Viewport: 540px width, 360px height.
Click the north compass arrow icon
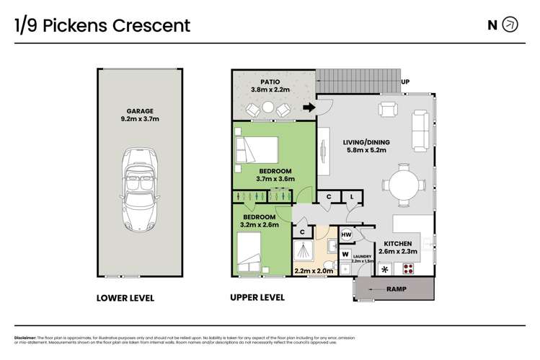coord(510,25)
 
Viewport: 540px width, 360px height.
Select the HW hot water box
coord(346,235)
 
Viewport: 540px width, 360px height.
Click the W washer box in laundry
coord(345,254)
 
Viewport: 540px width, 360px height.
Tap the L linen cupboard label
coord(352,196)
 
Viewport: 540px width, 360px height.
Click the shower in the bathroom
coord(307,252)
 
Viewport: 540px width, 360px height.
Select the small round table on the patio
coord(267,107)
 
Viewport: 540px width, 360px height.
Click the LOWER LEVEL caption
coord(125,297)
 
